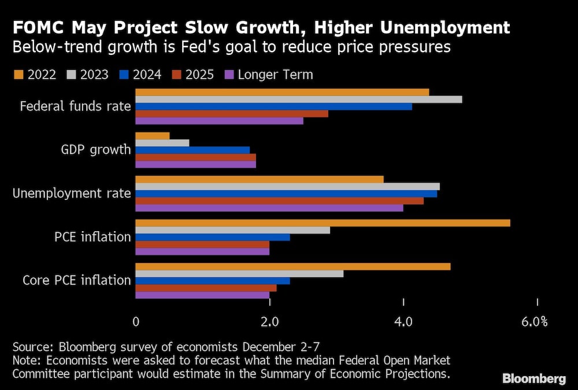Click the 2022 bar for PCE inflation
tap(323, 223)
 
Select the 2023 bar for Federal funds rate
tap(298, 99)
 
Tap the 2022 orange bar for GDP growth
tap(153, 136)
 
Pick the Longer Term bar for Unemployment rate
tap(269, 208)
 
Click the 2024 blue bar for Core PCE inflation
tap(213, 281)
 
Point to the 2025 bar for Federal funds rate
tap(231, 114)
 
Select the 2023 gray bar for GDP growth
tap(162, 143)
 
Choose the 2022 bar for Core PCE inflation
tap(292, 266)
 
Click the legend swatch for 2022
tap(17, 75)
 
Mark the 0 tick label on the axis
tap(135, 322)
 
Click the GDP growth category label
tap(96, 150)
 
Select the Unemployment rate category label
tap(72, 193)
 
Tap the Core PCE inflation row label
tap(77, 280)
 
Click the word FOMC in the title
tap(39, 27)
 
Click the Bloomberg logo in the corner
tap(533, 378)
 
